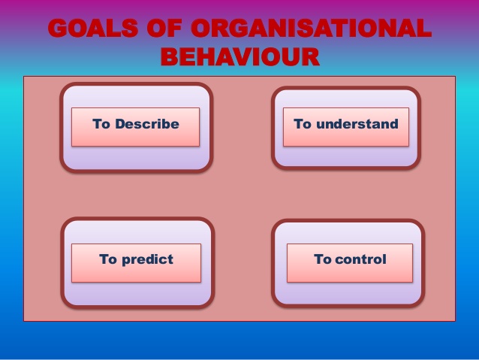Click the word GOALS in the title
point(93,28)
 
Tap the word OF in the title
point(164,28)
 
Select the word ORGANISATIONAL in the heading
point(311,28)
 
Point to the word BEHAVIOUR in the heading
point(240,56)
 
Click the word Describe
point(147,124)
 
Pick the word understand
point(357,124)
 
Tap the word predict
point(148,260)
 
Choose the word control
point(360,259)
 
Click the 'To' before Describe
point(101,124)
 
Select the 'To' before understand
point(303,124)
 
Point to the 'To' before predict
point(108,259)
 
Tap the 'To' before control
point(323,259)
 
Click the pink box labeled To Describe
point(136,127)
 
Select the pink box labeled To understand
point(346,127)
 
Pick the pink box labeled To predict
point(136,263)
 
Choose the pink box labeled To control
point(350,263)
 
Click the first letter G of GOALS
point(57,28)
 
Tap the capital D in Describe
point(120,124)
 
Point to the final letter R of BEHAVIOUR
point(310,56)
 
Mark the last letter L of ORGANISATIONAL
point(423,28)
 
